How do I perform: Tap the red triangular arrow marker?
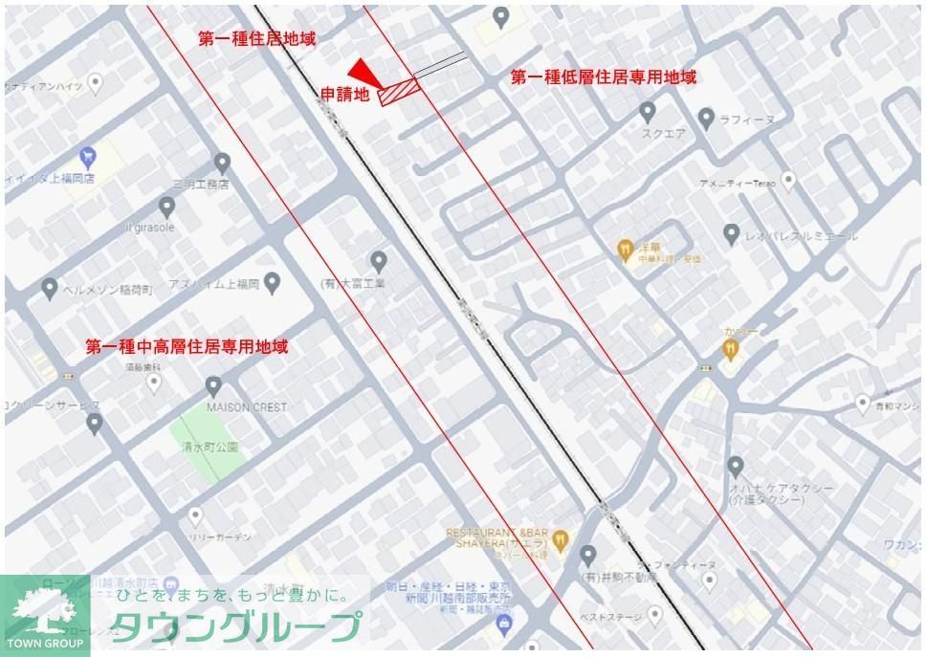pyautogui.click(x=363, y=71)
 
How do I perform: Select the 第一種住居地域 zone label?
pyautogui.click(x=256, y=38)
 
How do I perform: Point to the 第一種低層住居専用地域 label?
pyautogui.click(x=603, y=77)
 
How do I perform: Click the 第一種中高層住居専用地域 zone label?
pyautogui.click(x=187, y=346)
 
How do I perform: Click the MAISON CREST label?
pyautogui.click(x=246, y=406)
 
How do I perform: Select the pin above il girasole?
pyautogui.click(x=166, y=207)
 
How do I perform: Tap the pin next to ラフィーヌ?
pyautogui.click(x=706, y=119)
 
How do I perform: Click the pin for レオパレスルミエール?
pyautogui.click(x=731, y=233)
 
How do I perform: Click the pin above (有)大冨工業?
pyautogui.click(x=379, y=260)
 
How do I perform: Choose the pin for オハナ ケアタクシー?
pyautogui.click(x=735, y=467)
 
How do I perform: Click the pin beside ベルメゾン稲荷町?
pyautogui.click(x=50, y=287)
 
